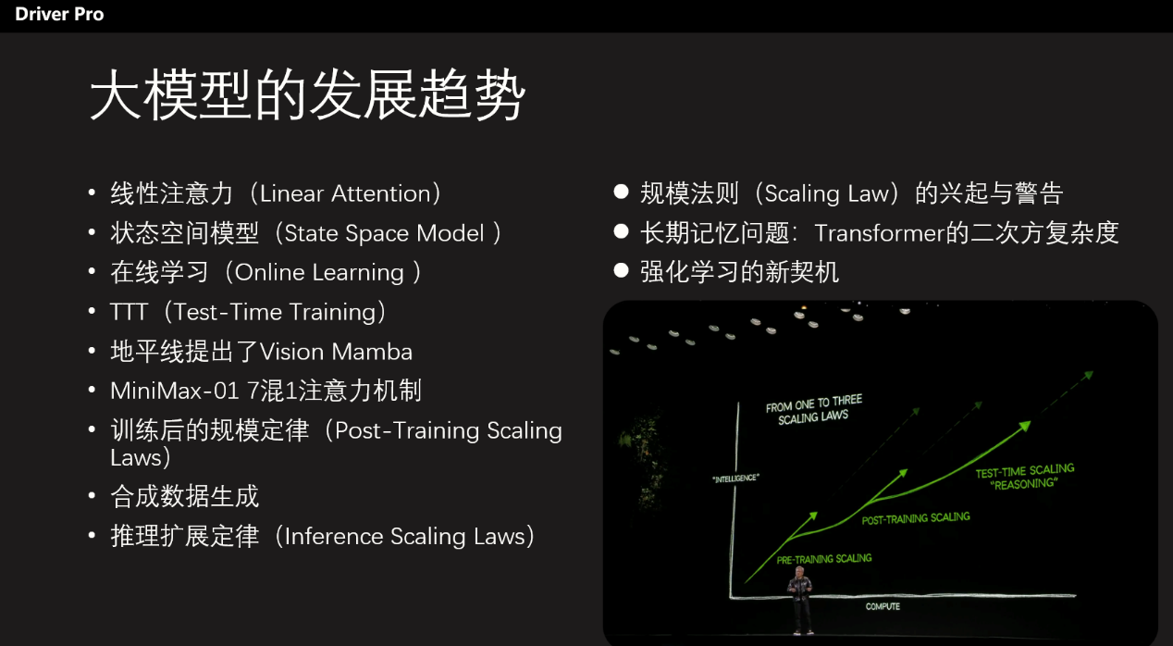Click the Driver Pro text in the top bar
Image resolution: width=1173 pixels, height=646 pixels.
59,14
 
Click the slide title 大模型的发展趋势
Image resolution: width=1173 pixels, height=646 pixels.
307,95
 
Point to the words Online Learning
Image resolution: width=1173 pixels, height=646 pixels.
319,273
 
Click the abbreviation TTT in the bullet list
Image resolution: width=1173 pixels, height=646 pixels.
129,312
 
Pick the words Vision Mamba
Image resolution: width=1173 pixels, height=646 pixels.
336,352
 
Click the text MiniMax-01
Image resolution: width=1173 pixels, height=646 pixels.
175,391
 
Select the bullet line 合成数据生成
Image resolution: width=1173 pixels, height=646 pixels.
184,496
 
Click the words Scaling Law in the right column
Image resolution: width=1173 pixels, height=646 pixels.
827,193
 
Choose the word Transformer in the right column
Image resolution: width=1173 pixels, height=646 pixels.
880,233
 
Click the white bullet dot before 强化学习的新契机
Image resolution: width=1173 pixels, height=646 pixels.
621,270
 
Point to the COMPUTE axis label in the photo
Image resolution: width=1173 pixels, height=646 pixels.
883,607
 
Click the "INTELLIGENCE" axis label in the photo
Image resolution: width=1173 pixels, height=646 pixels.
735,478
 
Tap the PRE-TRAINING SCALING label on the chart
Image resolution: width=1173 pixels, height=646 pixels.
824,559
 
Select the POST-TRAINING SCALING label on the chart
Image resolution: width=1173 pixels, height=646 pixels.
916,518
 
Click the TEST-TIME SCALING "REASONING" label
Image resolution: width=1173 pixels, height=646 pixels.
1025,477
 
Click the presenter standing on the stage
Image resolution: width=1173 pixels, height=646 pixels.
800,600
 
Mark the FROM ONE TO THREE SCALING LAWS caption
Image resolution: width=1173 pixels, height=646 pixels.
814,410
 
